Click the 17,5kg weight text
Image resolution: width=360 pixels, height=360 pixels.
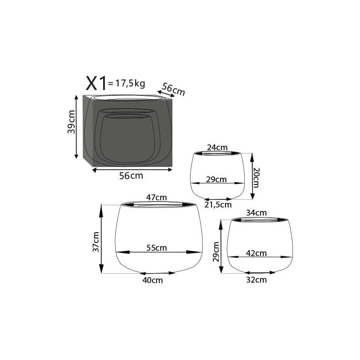pos(130,83)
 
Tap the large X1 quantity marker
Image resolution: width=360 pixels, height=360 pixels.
pos(96,83)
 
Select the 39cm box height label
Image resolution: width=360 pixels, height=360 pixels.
pos(72,122)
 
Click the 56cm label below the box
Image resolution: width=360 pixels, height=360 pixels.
pos(131,176)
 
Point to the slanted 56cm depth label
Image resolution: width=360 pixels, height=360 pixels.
pos(173,89)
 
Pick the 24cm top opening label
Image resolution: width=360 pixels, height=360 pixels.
pos(217,148)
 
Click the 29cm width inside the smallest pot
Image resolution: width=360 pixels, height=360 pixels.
pos(216,179)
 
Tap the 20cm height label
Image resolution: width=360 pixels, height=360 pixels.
pos(256,177)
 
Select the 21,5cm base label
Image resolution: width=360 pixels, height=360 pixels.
pos(218,205)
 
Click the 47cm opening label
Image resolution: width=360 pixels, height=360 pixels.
pos(157,198)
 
